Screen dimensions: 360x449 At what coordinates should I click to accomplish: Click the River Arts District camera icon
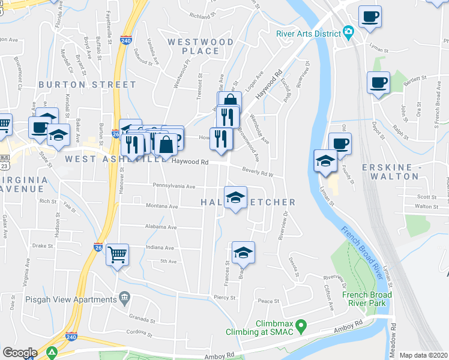click(348, 31)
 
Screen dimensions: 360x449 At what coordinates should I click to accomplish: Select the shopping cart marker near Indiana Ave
click(118, 254)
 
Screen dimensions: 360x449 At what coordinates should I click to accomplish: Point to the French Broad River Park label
click(367, 299)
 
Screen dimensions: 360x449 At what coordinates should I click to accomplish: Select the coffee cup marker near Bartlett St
click(378, 82)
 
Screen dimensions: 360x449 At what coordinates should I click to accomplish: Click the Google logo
click(20, 353)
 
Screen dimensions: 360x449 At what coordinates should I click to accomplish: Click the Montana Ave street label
click(161, 206)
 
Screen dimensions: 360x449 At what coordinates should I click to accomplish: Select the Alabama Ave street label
click(160, 227)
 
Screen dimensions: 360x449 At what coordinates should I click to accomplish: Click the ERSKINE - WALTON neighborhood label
click(390, 172)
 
